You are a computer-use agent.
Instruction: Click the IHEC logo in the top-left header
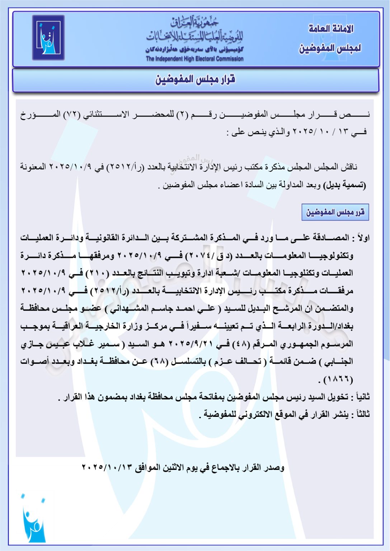coord(48,37)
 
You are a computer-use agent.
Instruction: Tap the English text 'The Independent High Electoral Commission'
coord(194,59)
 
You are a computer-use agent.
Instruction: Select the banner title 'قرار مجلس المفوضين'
coord(195,80)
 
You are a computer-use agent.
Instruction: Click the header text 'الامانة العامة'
coord(331,29)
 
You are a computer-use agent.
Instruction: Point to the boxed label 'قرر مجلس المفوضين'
coord(335,212)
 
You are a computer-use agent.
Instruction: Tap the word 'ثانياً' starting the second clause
coord(361,397)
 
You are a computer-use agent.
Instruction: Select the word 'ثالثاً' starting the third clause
coord(361,414)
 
